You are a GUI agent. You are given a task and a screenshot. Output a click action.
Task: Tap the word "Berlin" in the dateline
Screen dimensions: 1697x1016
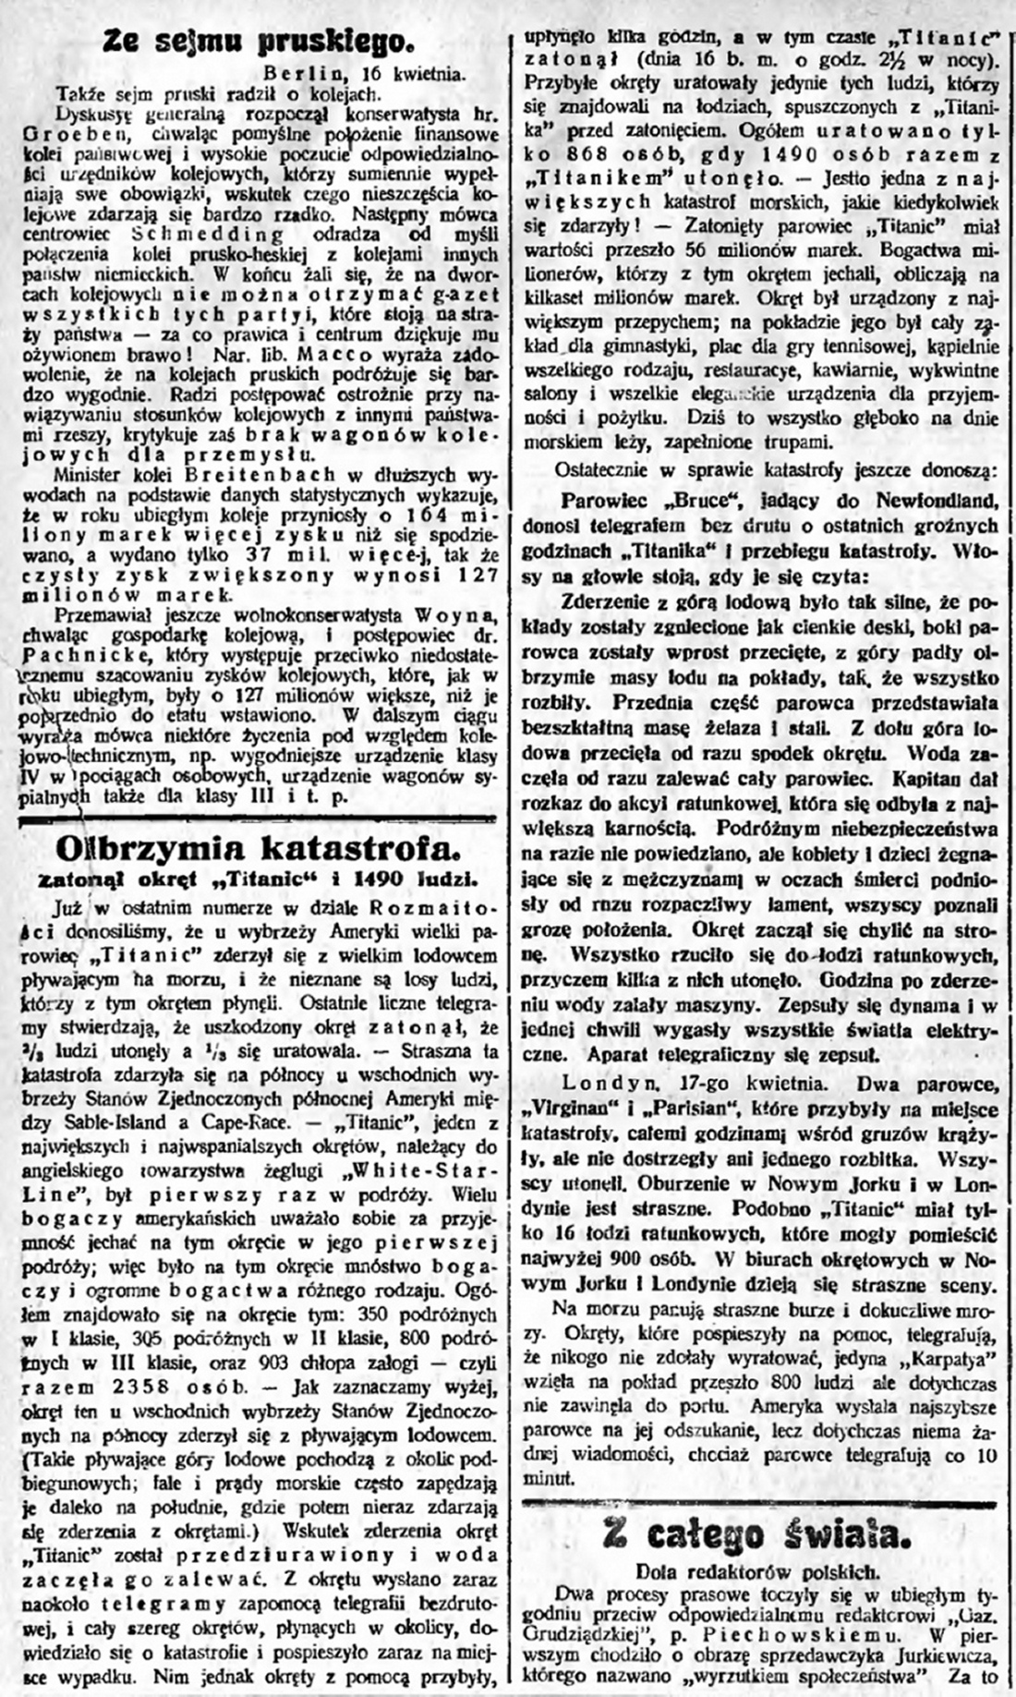coord(297,75)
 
